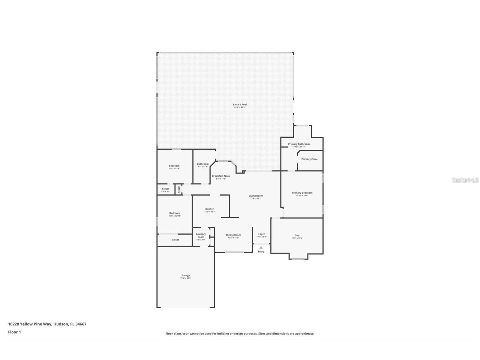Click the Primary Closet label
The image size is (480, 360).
pos(310,159)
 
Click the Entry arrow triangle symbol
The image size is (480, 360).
pos(261,247)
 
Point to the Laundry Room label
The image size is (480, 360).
pos(201,236)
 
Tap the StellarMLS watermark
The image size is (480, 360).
pos(465,180)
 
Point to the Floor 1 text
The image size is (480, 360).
pos(14,332)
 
